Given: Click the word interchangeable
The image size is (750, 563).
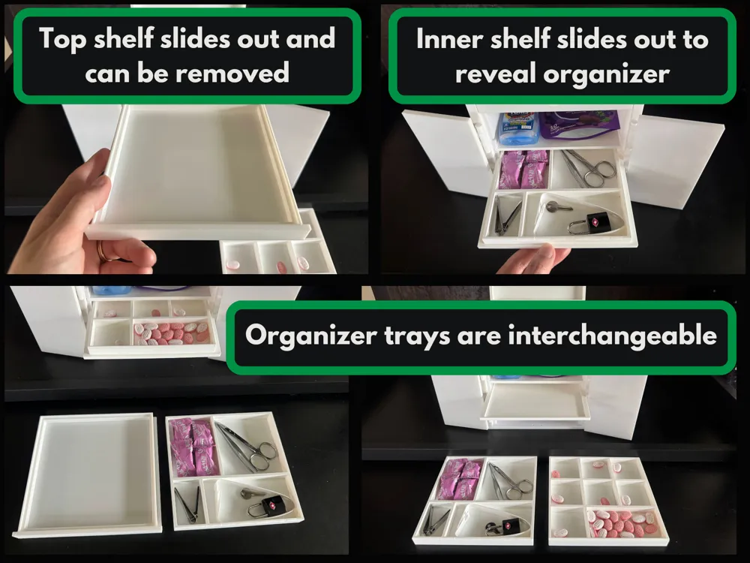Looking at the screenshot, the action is (612, 335).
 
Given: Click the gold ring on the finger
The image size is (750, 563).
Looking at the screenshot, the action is (102, 251).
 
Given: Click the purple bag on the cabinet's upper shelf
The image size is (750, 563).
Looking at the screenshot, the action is (580, 124).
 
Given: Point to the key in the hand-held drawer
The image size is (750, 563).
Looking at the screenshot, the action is (558, 208).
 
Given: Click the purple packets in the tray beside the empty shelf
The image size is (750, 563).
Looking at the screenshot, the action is (195, 447).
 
